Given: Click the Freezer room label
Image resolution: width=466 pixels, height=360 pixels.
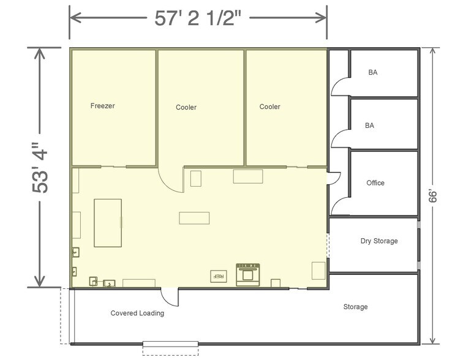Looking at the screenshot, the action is (x=102, y=106).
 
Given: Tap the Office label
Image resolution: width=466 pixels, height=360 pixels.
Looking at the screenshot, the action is (x=375, y=183).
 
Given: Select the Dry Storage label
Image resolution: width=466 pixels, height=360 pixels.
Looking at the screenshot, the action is (x=379, y=241).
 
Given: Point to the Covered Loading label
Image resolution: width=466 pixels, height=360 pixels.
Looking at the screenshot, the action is (x=137, y=313).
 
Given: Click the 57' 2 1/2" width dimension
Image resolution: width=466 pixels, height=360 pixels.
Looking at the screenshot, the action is (x=198, y=18).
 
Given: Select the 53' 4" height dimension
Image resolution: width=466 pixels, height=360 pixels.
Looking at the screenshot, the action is (x=40, y=168).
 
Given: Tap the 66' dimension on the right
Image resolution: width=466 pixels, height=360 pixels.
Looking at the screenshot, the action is (x=433, y=197).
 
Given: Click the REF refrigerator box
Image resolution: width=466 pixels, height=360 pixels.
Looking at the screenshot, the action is (x=219, y=276).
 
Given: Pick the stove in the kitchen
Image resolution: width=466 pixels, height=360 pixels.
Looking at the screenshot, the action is (x=248, y=275).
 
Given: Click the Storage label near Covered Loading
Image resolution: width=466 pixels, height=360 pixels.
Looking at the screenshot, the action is (x=355, y=307).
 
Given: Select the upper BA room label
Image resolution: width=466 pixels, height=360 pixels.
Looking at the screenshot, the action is (x=373, y=72).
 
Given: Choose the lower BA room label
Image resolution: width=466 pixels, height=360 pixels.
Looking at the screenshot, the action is (x=369, y=126).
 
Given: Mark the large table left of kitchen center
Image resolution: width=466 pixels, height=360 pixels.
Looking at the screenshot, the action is (x=108, y=223).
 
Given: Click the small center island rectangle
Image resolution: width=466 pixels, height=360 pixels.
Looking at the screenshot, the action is (x=194, y=218).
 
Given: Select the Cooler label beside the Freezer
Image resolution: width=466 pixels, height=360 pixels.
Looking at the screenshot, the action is (x=186, y=107).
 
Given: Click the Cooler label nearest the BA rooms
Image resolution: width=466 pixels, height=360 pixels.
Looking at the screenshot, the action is (x=269, y=107).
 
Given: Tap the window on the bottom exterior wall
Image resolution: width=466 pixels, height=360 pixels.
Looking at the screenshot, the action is (x=171, y=344).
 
